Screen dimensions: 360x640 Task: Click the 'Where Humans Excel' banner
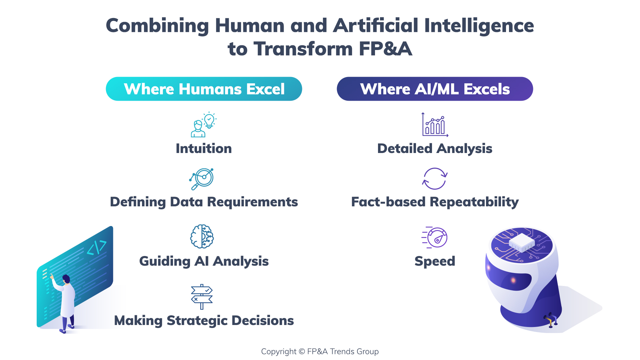pos(204,89)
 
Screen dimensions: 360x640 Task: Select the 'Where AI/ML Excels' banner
pos(435,89)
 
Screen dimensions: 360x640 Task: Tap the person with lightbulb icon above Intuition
pos(203,125)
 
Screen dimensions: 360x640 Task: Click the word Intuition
pos(204,149)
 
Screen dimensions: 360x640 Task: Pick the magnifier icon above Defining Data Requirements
pos(202,179)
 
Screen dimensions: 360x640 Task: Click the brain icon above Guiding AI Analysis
pos(202,236)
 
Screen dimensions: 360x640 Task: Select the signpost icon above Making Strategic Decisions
pos(202,296)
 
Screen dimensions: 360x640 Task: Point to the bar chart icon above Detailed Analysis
pos(435,125)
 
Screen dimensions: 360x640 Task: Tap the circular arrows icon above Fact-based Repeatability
pos(435,179)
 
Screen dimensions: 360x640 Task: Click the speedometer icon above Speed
pos(435,237)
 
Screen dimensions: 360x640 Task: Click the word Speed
pos(435,261)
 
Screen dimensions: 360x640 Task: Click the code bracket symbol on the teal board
pos(97,248)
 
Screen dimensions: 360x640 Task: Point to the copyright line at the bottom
pos(320,351)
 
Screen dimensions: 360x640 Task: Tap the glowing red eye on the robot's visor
pos(513,280)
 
